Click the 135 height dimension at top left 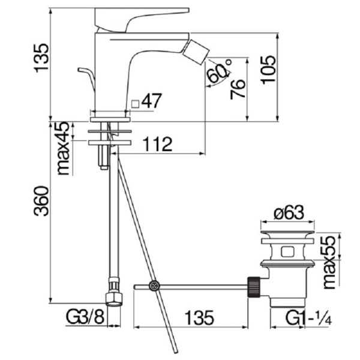pos(41,58)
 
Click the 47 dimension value pos(152,101)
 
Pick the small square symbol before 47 pos(136,103)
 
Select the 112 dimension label pos(158,144)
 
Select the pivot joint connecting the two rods pos(155,286)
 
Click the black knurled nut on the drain pos(253,286)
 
